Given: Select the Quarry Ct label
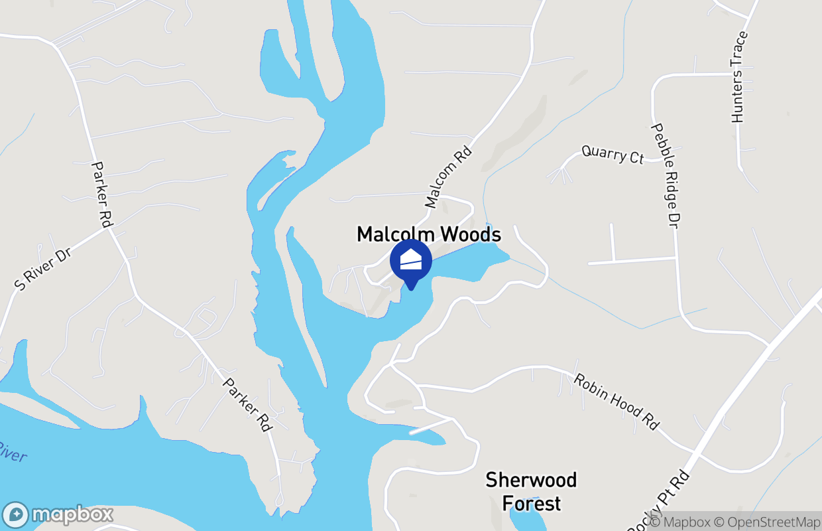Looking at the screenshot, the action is point(613,155).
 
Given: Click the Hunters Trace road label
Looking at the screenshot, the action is point(739,77).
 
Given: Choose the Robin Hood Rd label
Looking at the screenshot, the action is point(616,402).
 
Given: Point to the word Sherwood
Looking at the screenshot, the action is point(531,480).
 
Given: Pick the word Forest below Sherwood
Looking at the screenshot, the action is point(532,503).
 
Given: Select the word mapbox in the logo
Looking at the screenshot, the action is point(72,515).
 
